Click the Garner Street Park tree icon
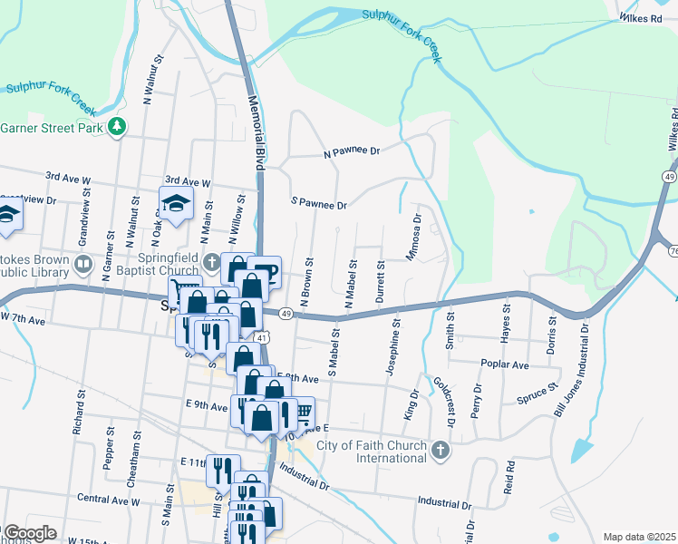point(116,128)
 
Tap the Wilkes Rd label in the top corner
point(642,17)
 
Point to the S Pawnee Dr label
point(319,205)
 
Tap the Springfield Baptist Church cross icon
point(212,264)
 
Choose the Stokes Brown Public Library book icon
point(83,265)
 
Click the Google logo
point(29,533)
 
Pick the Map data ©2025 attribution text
point(639,537)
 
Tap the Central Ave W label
point(108,500)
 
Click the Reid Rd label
point(509,477)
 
